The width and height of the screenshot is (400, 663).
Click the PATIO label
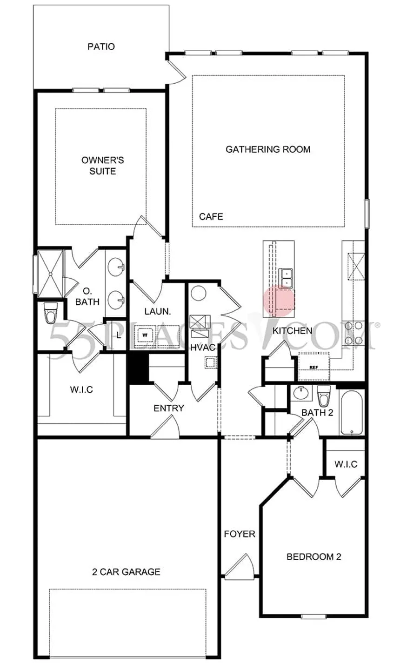coord(101,47)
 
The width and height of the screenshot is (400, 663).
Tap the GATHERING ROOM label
coord(268,149)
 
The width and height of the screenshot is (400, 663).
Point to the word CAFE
coord(211,217)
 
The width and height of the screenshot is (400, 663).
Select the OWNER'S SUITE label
coord(103,166)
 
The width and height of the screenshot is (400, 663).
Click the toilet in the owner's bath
coord(50,313)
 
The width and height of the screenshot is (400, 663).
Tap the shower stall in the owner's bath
coord(51,274)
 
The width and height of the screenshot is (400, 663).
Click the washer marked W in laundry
coord(145,335)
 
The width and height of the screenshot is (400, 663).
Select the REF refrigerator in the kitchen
coord(313,366)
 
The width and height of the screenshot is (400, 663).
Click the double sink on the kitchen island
coord(286,278)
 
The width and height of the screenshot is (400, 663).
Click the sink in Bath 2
coord(301,393)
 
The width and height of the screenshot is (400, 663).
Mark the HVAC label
coord(203,348)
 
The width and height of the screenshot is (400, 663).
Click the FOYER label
coord(240,534)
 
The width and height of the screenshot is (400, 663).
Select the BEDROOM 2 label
coord(313,557)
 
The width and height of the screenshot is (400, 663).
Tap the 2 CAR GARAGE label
coord(127,571)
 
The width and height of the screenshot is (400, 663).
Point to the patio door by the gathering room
coord(176,72)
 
